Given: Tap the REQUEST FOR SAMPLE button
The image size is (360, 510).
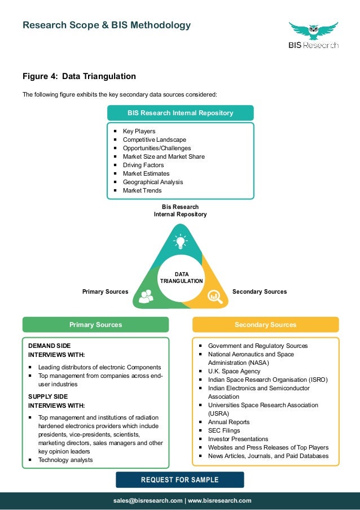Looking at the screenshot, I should pyautogui.click(x=180, y=480).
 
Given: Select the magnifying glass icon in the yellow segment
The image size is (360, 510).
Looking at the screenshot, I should pyautogui.click(x=214, y=295).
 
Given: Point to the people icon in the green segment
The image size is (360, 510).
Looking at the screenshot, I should pyautogui.click(x=146, y=295).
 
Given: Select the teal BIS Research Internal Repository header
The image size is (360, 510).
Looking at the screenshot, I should pyautogui.click(x=180, y=113).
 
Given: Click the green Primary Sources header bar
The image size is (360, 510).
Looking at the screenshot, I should pyautogui.click(x=95, y=325).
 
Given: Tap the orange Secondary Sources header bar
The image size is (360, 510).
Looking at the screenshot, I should pyautogui.click(x=265, y=325).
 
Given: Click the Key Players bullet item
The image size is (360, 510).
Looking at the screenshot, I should pyautogui.click(x=139, y=132).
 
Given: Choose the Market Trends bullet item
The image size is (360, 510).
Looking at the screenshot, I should pyautogui.click(x=142, y=191).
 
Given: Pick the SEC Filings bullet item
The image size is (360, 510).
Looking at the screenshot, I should pyautogui.click(x=225, y=430).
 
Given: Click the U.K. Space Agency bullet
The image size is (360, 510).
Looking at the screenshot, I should pyautogui.click(x=234, y=371).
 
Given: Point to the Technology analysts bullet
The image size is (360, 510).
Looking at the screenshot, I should pyautogui.click(x=65, y=460).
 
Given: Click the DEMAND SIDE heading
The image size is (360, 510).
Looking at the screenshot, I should pyautogui.click(x=50, y=346).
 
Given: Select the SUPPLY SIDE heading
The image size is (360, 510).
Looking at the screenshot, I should pyautogui.click(x=49, y=396).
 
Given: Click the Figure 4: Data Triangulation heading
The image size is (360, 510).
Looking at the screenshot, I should pyautogui.click(x=79, y=76).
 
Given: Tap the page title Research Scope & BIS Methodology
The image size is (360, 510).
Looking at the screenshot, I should pyautogui.click(x=106, y=25).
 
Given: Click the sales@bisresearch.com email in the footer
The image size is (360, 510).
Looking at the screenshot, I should pyautogui.click(x=148, y=500).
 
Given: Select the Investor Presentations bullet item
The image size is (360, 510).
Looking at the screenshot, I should pyautogui.click(x=238, y=439).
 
